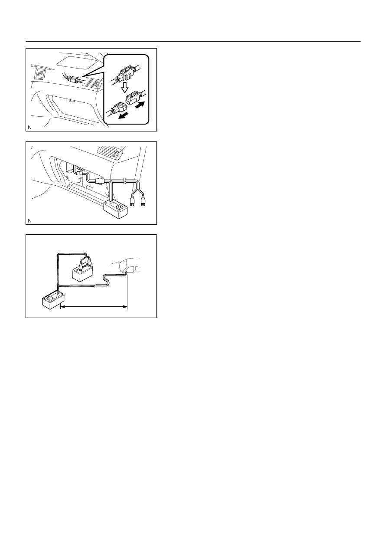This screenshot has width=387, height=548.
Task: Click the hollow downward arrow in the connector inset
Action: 125,87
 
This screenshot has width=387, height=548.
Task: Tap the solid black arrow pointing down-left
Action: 124,116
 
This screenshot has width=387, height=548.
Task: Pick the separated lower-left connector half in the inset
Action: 119,108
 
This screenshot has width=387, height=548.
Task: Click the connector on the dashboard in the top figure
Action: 73,79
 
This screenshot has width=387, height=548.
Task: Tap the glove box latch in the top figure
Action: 72,100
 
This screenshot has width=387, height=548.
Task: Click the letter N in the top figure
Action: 30,128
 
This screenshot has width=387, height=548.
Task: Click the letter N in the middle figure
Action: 30,221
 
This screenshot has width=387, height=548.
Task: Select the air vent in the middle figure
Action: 108,152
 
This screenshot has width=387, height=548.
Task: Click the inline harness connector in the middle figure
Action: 99,181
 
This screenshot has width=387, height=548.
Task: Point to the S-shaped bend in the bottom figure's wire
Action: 107,280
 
